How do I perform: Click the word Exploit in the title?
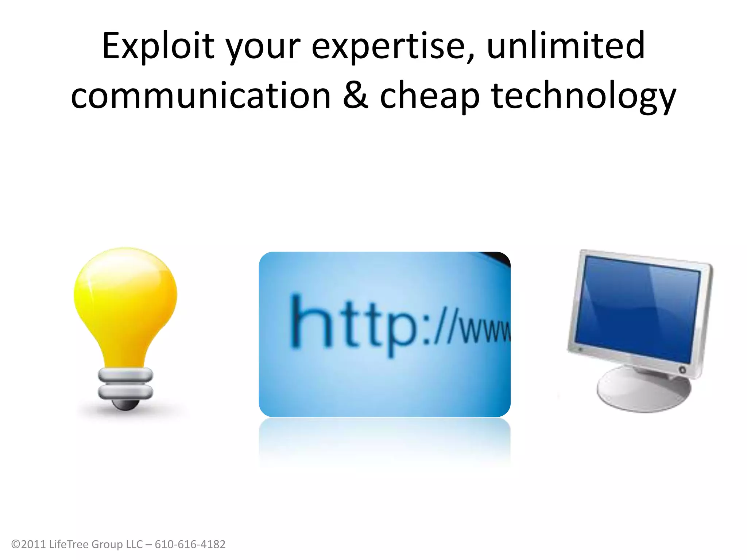[x=158, y=46]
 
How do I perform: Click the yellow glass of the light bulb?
[x=125, y=299]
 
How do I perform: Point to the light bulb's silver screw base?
[x=125, y=383]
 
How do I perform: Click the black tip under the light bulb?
[x=125, y=405]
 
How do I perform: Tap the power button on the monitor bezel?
[x=682, y=370]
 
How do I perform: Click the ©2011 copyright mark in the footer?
[x=29, y=544]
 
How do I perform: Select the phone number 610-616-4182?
[x=190, y=544]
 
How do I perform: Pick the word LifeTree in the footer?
[x=69, y=544]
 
